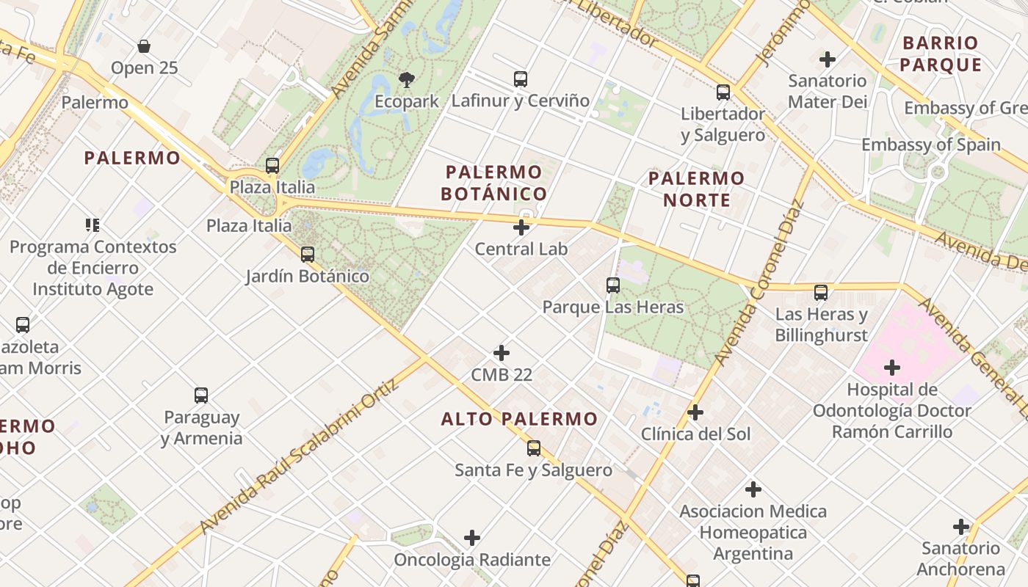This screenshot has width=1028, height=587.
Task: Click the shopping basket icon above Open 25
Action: point(144,46)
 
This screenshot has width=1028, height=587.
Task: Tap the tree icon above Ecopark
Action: point(406,79)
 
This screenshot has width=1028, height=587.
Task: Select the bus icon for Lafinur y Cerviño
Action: point(521,79)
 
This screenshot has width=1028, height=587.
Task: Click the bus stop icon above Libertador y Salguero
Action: point(723,92)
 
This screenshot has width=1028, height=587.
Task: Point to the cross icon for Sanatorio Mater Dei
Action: point(828,59)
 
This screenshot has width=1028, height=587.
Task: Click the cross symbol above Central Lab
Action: point(521,227)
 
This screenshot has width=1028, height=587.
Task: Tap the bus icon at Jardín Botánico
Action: point(308,255)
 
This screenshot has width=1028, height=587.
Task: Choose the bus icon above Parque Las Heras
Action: point(613,285)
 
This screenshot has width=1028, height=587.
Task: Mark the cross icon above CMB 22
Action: point(502,353)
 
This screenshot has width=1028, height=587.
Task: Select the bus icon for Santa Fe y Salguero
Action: point(534,448)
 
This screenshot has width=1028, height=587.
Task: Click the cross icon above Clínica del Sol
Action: point(695,412)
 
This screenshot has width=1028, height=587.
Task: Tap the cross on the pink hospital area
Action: point(892,367)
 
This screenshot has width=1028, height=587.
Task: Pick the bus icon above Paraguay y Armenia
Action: point(201,395)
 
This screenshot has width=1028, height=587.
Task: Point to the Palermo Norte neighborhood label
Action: point(697,189)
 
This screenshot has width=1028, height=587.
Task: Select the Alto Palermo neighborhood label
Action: point(519,419)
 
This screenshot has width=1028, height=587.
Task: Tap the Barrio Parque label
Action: point(941,54)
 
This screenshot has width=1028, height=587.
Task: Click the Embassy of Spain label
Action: point(930,145)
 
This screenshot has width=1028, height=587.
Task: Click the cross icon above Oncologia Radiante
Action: point(472,539)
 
